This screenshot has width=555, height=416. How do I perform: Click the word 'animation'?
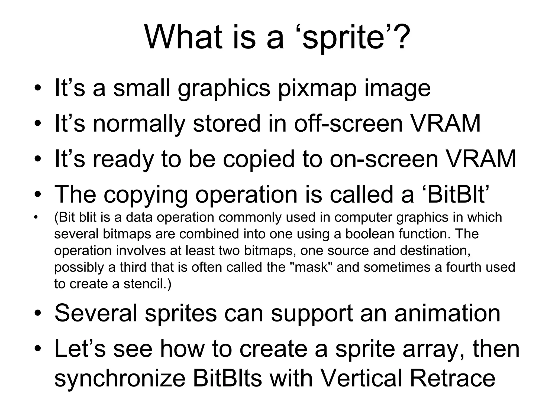(447, 313)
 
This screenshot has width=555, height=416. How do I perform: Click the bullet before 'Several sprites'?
(37, 314)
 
